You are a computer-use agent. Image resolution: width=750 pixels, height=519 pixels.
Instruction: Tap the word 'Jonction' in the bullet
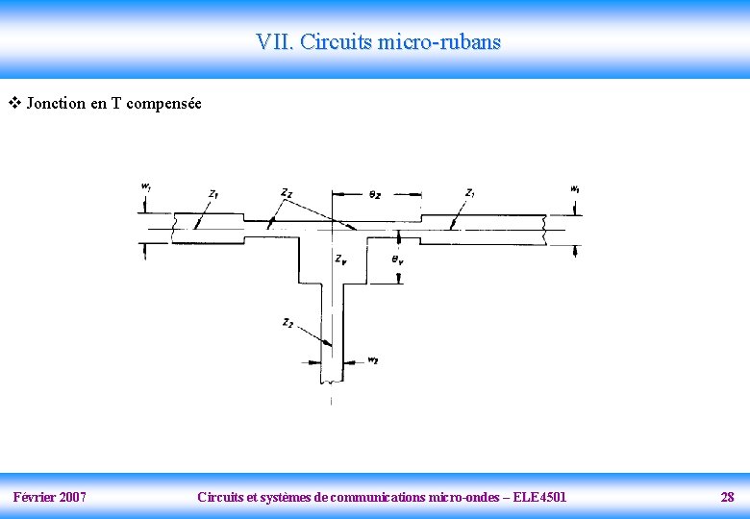click(x=56, y=104)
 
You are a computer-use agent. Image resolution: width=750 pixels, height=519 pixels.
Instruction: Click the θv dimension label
click(x=397, y=259)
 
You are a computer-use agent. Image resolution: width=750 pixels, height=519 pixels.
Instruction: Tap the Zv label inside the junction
click(x=341, y=259)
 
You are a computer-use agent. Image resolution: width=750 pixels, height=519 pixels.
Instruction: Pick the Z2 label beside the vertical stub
click(x=287, y=323)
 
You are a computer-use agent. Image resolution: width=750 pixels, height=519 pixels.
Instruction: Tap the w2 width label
click(x=373, y=361)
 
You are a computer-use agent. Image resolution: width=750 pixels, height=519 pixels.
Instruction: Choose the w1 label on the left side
click(x=145, y=185)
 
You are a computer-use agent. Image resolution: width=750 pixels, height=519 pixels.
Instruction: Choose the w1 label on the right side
click(x=574, y=189)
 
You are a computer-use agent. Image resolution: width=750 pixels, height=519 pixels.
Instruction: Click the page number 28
click(x=727, y=497)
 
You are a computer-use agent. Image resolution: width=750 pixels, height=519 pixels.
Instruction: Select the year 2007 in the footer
click(x=71, y=497)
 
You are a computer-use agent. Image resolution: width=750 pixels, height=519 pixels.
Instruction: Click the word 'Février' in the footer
click(x=33, y=497)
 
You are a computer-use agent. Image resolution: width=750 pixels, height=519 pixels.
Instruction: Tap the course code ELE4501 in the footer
click(x=540, y=497)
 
